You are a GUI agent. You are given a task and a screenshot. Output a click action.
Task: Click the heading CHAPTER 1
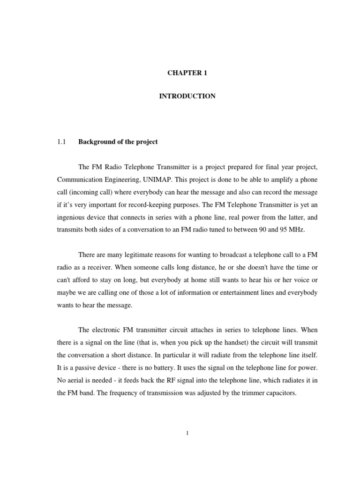coord(187,73)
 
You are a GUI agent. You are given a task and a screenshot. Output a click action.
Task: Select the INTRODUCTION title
coord(187,96)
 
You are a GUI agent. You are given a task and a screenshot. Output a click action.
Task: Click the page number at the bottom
coord(187,433)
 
